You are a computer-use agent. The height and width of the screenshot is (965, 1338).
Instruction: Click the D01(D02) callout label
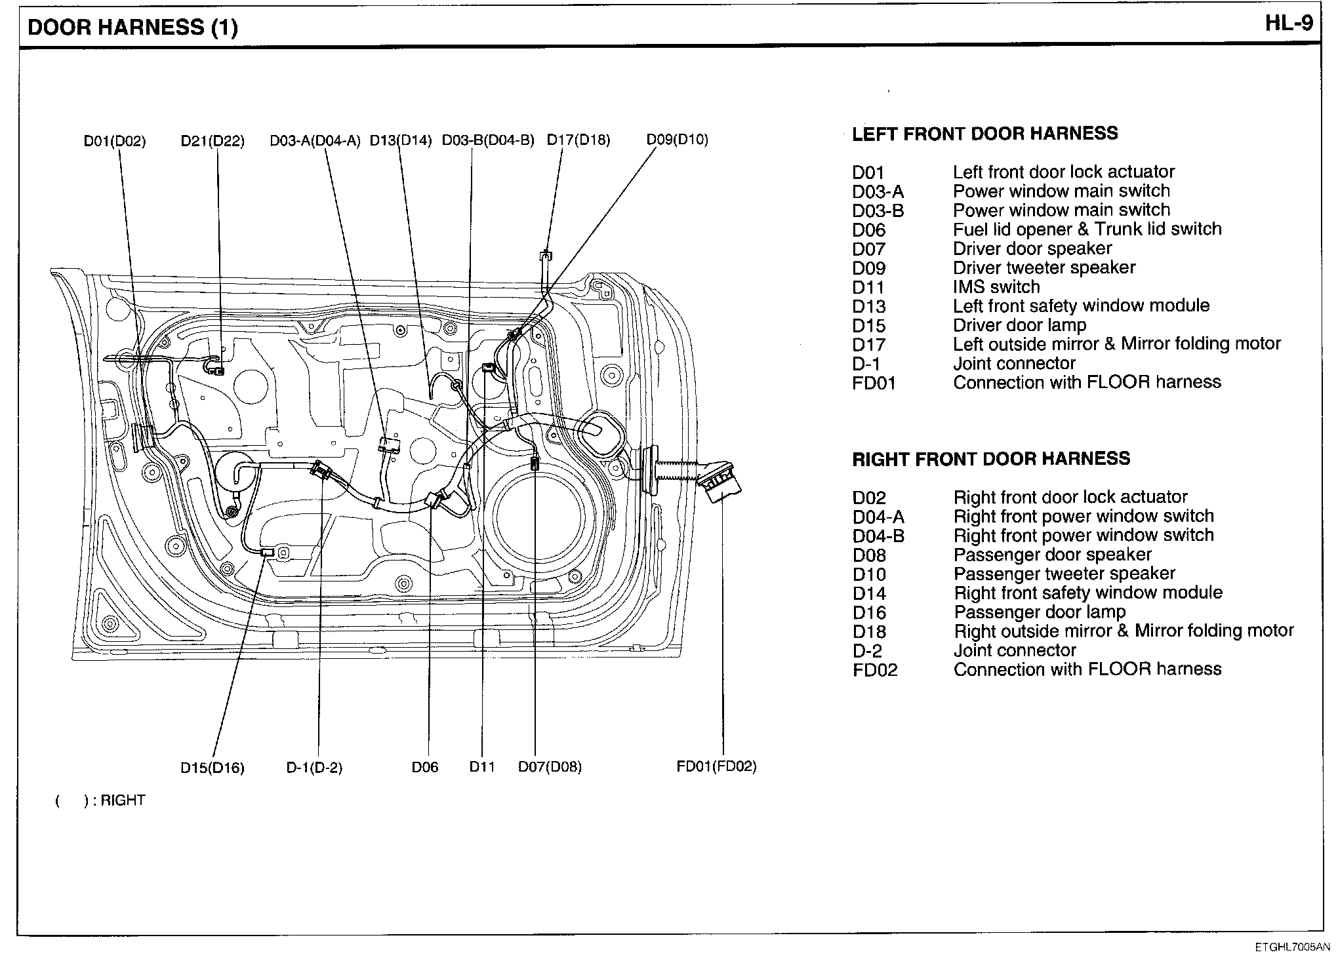(115, 141)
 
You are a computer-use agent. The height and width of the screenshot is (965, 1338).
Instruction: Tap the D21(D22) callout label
(213, 141)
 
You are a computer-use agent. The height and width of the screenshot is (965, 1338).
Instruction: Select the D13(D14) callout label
(401, 140)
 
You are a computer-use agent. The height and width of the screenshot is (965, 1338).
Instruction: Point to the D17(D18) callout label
(578, 140)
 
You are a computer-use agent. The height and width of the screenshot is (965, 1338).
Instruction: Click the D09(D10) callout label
(678, 140)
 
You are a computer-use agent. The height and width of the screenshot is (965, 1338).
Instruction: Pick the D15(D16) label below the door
(213, 768)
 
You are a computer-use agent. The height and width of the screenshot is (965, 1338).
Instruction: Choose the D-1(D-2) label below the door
(314, 768)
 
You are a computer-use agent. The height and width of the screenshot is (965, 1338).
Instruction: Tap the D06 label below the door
(425, 767)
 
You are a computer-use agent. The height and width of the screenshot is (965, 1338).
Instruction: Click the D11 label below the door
(482, 767)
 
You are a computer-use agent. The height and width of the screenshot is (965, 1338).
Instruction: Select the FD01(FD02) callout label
(716, 766)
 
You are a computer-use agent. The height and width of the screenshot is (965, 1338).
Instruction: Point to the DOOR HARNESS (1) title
(133, 28)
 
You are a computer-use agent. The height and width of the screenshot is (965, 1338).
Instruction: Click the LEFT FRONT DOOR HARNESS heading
(984, 134)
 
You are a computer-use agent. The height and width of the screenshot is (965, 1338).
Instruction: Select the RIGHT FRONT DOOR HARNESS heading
(991, 458)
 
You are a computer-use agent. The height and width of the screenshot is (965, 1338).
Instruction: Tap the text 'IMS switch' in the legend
(996, 287)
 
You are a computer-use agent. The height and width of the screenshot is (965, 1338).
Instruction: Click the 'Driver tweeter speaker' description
(1044, 267)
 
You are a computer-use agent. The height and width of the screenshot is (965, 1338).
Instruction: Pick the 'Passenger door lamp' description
(1040, 612)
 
